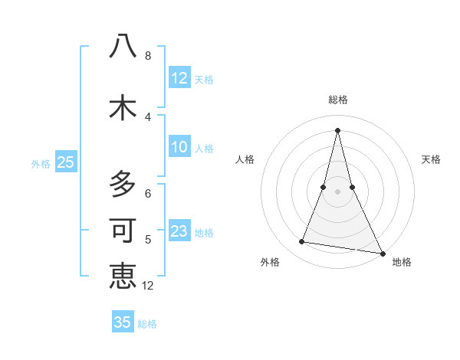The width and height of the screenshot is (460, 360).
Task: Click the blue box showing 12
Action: pos(179,78)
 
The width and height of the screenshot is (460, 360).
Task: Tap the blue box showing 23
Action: pos(179,231)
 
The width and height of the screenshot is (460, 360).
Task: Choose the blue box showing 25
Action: pos(65,162)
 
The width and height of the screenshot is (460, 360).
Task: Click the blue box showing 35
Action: pos(123,322)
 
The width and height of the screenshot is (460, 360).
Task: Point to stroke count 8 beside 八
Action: pos(148,56)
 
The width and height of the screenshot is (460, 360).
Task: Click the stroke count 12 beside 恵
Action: pos(148,286)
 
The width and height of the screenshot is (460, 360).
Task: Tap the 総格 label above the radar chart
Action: pos(338,100)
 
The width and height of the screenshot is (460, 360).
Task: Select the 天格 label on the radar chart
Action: pos(432,159)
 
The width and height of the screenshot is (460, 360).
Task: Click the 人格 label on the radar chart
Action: pos(245,159)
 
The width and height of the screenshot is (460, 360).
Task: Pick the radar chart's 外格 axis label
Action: pos(270,262)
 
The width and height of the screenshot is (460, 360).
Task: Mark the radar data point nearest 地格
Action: pos(382,252)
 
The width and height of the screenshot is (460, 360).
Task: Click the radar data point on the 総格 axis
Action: pos(337,129)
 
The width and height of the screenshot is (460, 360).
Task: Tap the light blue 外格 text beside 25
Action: pos(40,163)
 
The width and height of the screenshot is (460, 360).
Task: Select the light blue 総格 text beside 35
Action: pos(147,323)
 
